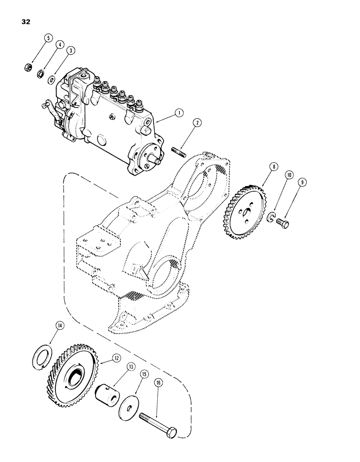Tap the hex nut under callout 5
click(28, 67)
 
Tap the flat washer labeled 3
click(52, 81)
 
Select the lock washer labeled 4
click(41, 73)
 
